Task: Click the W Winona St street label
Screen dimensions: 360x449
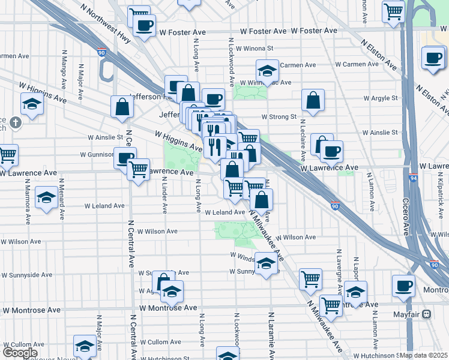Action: pyautogui.click(x=255, y=48)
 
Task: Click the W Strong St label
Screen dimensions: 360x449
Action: pyautogui.click(x=279, y=117)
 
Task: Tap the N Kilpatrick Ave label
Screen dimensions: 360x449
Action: pyautogui.click(x=441, y=200)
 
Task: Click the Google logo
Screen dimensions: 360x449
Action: pyautogui.click(x=20, y=353)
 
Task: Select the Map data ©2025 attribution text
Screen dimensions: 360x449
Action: pyautogui.click(x=424, y=355)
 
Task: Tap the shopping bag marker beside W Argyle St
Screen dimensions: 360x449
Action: pyautogui.click(x=313, y=100)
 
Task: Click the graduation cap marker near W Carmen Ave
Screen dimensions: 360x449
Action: pyautogui.click(x=267, y=71)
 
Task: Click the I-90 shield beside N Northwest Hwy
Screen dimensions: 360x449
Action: pyautogui.click(x=102, y=53)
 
